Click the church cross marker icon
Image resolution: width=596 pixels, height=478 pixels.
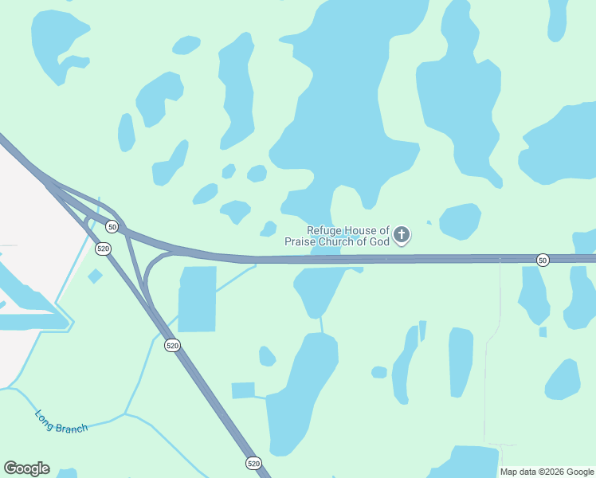tap(402, 234)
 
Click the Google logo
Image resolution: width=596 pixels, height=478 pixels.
tap(26, 468)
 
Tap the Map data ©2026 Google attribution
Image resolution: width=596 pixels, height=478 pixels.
tap(547, 472)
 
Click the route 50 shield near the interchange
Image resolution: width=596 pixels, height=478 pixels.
tap(112, 227)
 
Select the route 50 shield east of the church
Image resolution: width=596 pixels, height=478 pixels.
tap(543, 260)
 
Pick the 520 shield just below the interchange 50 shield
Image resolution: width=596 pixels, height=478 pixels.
tap(103, 249)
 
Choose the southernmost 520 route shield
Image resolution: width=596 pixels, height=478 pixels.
tap(253, 463)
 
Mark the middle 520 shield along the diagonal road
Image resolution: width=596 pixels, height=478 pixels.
tap(173, 345)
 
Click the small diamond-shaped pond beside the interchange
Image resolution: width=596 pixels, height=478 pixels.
tap(95, 276)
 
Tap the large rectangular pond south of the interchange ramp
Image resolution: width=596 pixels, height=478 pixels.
tap(197, 299)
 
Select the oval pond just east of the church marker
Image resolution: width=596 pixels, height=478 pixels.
tap(460, 221)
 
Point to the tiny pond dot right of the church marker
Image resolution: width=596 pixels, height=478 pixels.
tap(429, 222)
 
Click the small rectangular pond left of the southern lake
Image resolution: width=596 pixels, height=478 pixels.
tap(243, 390)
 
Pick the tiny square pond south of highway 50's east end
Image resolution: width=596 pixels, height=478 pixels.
tap(543, 331)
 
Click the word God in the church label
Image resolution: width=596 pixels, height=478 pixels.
tap(378, 241)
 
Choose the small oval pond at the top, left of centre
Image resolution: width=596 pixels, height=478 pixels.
tap(186, 45)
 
